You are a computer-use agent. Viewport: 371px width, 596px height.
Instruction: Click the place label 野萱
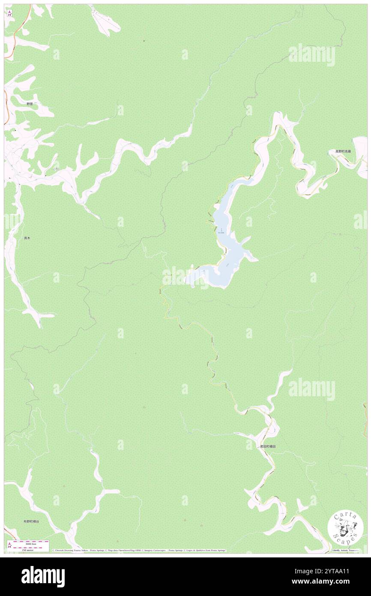point(29,104)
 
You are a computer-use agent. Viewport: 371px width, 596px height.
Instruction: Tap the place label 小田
point(56,170)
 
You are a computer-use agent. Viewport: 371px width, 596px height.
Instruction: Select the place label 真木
point(27,238)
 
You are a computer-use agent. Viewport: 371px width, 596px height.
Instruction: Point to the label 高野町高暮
point(345,151)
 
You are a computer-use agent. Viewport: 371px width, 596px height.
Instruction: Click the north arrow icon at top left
point(9,13)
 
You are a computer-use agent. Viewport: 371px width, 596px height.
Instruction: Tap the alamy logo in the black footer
point(43,576)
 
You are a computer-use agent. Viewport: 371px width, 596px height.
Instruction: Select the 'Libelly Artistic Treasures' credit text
point(347,550)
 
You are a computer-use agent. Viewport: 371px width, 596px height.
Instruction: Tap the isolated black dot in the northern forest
point(144,41)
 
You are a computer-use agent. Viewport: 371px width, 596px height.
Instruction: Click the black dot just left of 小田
point(46,175)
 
